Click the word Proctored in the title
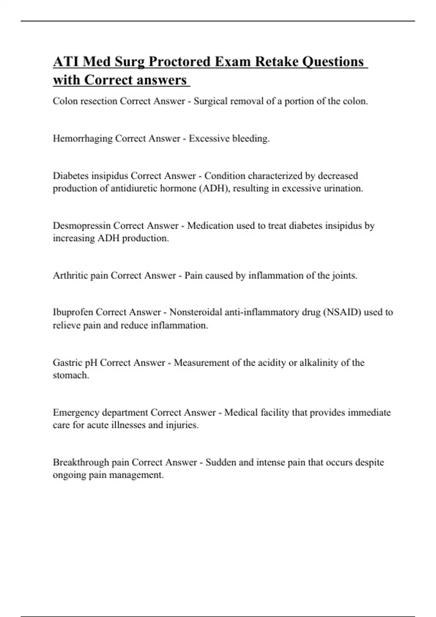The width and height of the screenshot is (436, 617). tap(179, 62)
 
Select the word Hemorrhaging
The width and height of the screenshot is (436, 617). tap(82, 139)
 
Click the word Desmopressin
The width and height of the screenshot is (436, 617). tap(81, 226)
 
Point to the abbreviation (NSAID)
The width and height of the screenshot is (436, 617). tap(342, 312)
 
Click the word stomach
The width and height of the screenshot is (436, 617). tap(70, 375)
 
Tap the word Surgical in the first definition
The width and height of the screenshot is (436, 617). tap(210, 101)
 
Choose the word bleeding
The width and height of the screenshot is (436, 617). tap(251, 139)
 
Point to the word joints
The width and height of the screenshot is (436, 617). tap(344, 275)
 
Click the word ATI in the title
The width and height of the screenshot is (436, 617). tap(66, 62)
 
